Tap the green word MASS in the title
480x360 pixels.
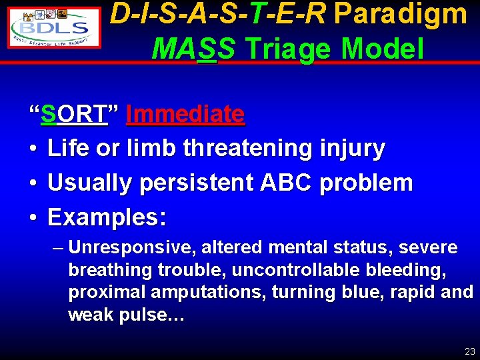pyautogui.click(x=193, y=48)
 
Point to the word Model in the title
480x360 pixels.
pyautogui.click(x=386, y=48)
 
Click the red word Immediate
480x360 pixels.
pyautogui.click(x=185, y=115)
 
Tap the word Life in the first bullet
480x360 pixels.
pyautogui.click(x=69, y=148)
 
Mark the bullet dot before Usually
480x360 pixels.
pyautogui.click(x=33, y=183)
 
